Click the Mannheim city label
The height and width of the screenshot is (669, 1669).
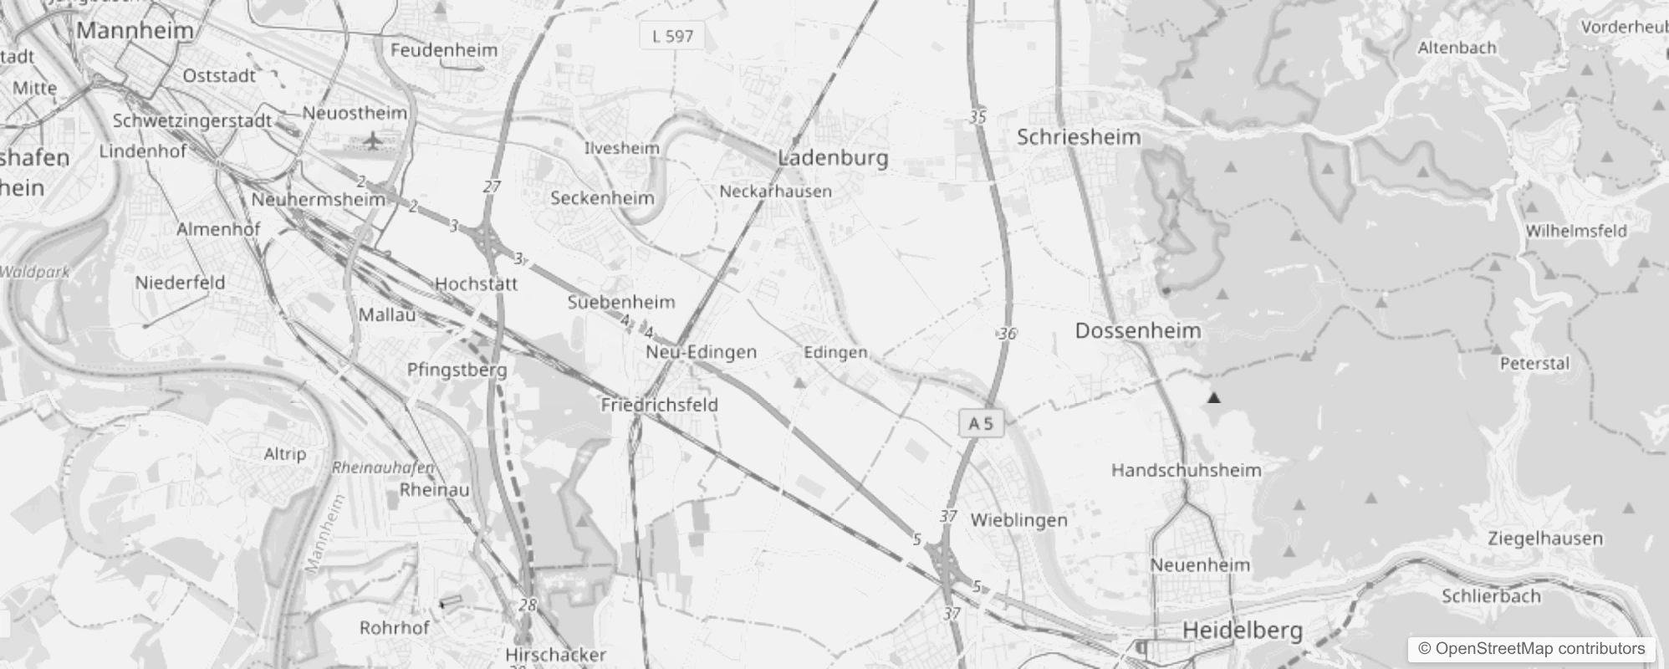[x=135, y=31]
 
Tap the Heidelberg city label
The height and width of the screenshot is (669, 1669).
[x=1243, y=630]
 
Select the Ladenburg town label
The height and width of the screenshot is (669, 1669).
[x=833, y=158]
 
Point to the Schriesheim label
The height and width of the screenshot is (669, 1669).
[x=1079, y=137]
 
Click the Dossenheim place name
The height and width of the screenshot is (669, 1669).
[x=1138, y=331]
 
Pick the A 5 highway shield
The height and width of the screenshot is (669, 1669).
[x=980, y=423]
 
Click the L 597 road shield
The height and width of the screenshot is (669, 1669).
[x=672, y=36]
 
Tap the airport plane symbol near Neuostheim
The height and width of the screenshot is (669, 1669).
[x=373, y=140]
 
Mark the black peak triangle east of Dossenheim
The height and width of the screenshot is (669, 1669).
[x=1213, y=398]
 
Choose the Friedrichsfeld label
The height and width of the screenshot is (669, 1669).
[x=659, y=405]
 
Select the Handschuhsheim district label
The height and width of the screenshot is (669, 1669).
[x=1186, y=470]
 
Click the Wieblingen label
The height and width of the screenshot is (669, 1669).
[x=1018, y=520]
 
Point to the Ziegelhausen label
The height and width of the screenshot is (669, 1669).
[x=1545, y=539]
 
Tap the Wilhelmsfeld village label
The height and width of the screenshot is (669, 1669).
[x=1576, y=231]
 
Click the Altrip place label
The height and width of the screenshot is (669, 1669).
[x=285, y=454]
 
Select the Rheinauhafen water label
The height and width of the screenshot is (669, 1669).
[x=383, y=468]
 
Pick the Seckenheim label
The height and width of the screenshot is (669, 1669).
[x=602, y=198]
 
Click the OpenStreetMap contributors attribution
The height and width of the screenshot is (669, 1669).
[x=1531, y=648]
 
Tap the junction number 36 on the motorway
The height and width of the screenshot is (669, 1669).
[x=1007, y=334]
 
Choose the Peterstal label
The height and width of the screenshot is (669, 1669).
[x=1534, y=364]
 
